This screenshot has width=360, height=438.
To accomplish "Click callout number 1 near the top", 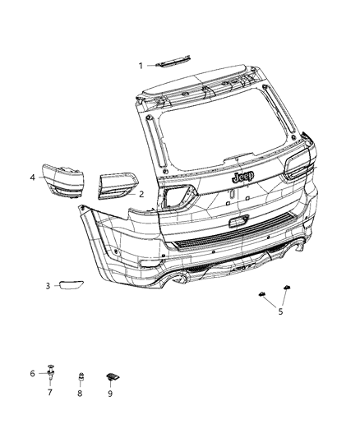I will click(x=141, y=65).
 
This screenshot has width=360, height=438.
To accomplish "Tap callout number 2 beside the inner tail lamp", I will click(x=141, y=194).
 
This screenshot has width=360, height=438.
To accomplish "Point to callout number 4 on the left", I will click(x=33, y=177).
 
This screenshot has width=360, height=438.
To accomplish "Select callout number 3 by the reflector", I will click(x=48, y=286).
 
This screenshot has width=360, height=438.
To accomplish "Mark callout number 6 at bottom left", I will click(x=32, y=373).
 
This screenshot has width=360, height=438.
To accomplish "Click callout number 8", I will click(x=81, y=393).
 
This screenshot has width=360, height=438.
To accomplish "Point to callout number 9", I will click(x=109, y=393).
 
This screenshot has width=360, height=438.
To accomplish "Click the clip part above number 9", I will click(x=112, y=376).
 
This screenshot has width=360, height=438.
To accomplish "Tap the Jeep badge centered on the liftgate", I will click(x=242, y=177).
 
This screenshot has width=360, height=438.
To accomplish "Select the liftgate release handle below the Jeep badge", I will click(x=237, y=220).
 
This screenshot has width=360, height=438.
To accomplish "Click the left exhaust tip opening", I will click(x=178, y=282).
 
